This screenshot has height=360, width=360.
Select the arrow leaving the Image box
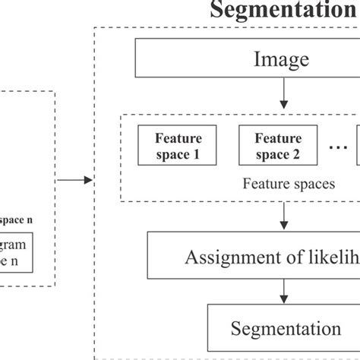coord(283,92)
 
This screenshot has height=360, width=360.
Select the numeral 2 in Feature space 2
coord(295,155)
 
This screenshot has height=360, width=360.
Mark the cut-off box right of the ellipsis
coord(357,147)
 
